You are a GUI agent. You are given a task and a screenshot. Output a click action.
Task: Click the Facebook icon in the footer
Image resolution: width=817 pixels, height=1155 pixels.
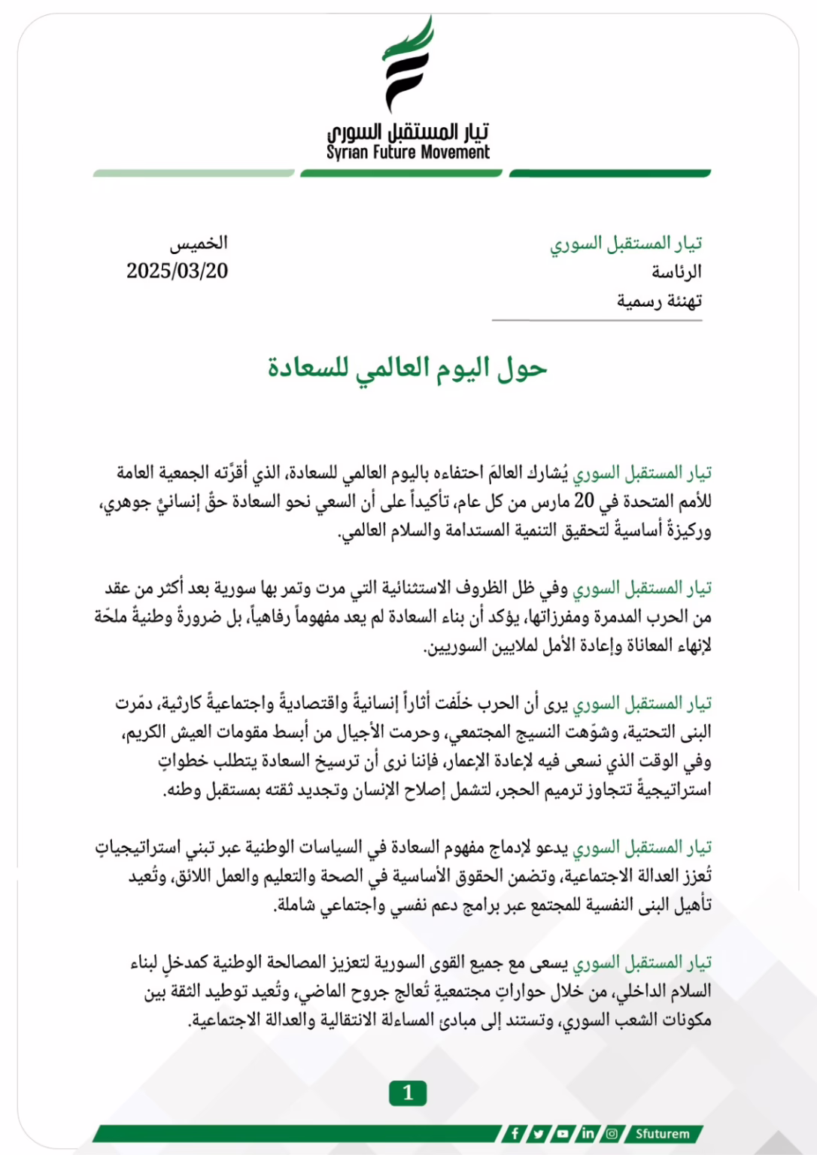click(515, 1133)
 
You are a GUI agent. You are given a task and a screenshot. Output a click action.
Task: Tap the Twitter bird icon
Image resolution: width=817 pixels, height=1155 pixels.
click(539, 1133)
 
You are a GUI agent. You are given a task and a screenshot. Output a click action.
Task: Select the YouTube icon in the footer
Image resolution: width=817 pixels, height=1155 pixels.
click(563, 1133)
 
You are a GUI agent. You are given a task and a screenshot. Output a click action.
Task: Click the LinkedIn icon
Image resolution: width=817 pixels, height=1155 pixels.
click(588, 1133)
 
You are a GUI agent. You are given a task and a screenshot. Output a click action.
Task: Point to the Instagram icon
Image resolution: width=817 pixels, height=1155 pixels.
click(612, 1133)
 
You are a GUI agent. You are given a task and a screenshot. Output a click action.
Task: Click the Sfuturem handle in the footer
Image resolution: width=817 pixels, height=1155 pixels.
click(662, 1133)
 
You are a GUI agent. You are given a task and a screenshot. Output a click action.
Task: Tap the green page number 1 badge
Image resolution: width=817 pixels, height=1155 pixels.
click(408, 1093)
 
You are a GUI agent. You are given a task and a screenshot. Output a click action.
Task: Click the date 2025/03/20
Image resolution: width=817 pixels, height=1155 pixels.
click(177, 271)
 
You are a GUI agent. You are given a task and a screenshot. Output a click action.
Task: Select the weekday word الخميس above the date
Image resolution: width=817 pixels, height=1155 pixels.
click(199, 243)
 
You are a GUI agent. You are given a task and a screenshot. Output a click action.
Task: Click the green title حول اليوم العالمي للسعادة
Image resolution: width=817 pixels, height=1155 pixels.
click(408, 368)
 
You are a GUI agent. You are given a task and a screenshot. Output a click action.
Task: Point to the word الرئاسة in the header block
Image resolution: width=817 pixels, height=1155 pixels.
click(676, 271)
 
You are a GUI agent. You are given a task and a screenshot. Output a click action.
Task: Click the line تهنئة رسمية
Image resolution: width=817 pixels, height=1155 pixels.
click(659, 301)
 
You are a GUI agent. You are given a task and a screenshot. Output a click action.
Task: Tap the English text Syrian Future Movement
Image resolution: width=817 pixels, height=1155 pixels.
click(408, 153)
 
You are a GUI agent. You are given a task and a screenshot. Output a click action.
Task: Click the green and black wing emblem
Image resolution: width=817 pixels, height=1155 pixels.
click(408, 64)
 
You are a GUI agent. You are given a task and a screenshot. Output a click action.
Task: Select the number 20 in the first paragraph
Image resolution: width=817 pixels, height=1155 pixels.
click(584, 501)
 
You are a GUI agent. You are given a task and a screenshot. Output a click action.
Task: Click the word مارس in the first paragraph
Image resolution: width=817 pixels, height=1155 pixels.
click(551, 501)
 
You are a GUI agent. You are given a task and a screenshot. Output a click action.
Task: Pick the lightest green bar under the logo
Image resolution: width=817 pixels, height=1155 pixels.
click(193, 174)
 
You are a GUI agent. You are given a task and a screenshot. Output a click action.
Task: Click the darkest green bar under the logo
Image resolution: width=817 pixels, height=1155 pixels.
click(609, 174)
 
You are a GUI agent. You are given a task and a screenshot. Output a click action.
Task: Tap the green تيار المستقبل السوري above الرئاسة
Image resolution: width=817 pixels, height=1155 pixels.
click(626, 243)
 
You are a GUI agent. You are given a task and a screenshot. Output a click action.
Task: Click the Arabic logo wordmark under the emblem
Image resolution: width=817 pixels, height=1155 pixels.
click(408, 132)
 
